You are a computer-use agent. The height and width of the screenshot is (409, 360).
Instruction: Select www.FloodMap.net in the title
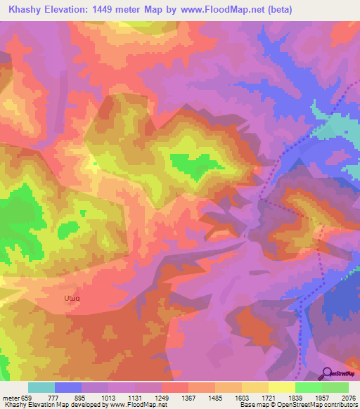click(x=227, y=10)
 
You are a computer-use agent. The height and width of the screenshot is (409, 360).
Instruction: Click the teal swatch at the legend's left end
click(x=41, y=387)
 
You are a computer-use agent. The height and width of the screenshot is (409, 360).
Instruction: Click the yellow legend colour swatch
click(x=281, y=387)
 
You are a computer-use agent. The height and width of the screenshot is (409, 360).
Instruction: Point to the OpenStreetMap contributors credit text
click(x=316, y=405)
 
